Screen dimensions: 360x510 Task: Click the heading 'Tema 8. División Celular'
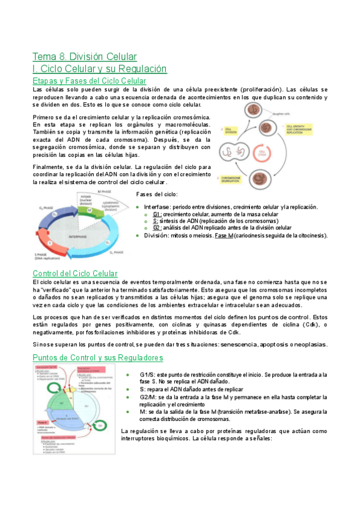(84, 57)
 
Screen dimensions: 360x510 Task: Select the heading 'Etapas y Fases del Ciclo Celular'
(90, 81)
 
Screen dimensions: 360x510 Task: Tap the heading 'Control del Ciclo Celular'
(75, 274)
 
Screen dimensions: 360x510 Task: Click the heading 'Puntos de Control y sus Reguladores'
(97, 358)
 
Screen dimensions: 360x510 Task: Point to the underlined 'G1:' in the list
(157, 214)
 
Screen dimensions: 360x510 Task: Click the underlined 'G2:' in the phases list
(157, 228)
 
